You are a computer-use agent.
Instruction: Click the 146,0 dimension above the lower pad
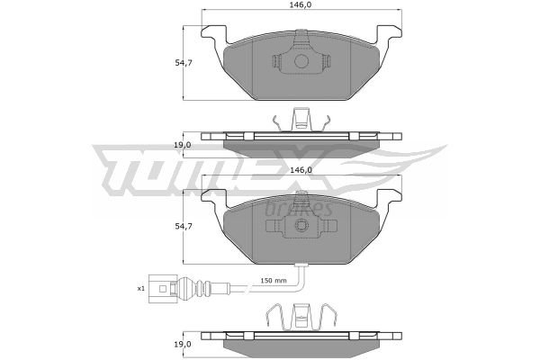coord(301,170)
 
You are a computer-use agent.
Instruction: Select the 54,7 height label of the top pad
coord(184,63)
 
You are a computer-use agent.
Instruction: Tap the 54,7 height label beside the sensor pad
coord(184,226)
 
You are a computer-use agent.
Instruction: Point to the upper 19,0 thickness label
coord(182,145)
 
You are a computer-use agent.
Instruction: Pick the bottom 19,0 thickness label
coord(182,344)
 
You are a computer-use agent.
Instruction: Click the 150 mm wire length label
coord(274,281)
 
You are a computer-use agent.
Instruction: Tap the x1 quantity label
coord(141,288)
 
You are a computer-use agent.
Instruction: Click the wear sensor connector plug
coord(163,289)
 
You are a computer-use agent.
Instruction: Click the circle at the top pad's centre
coord(301,61)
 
